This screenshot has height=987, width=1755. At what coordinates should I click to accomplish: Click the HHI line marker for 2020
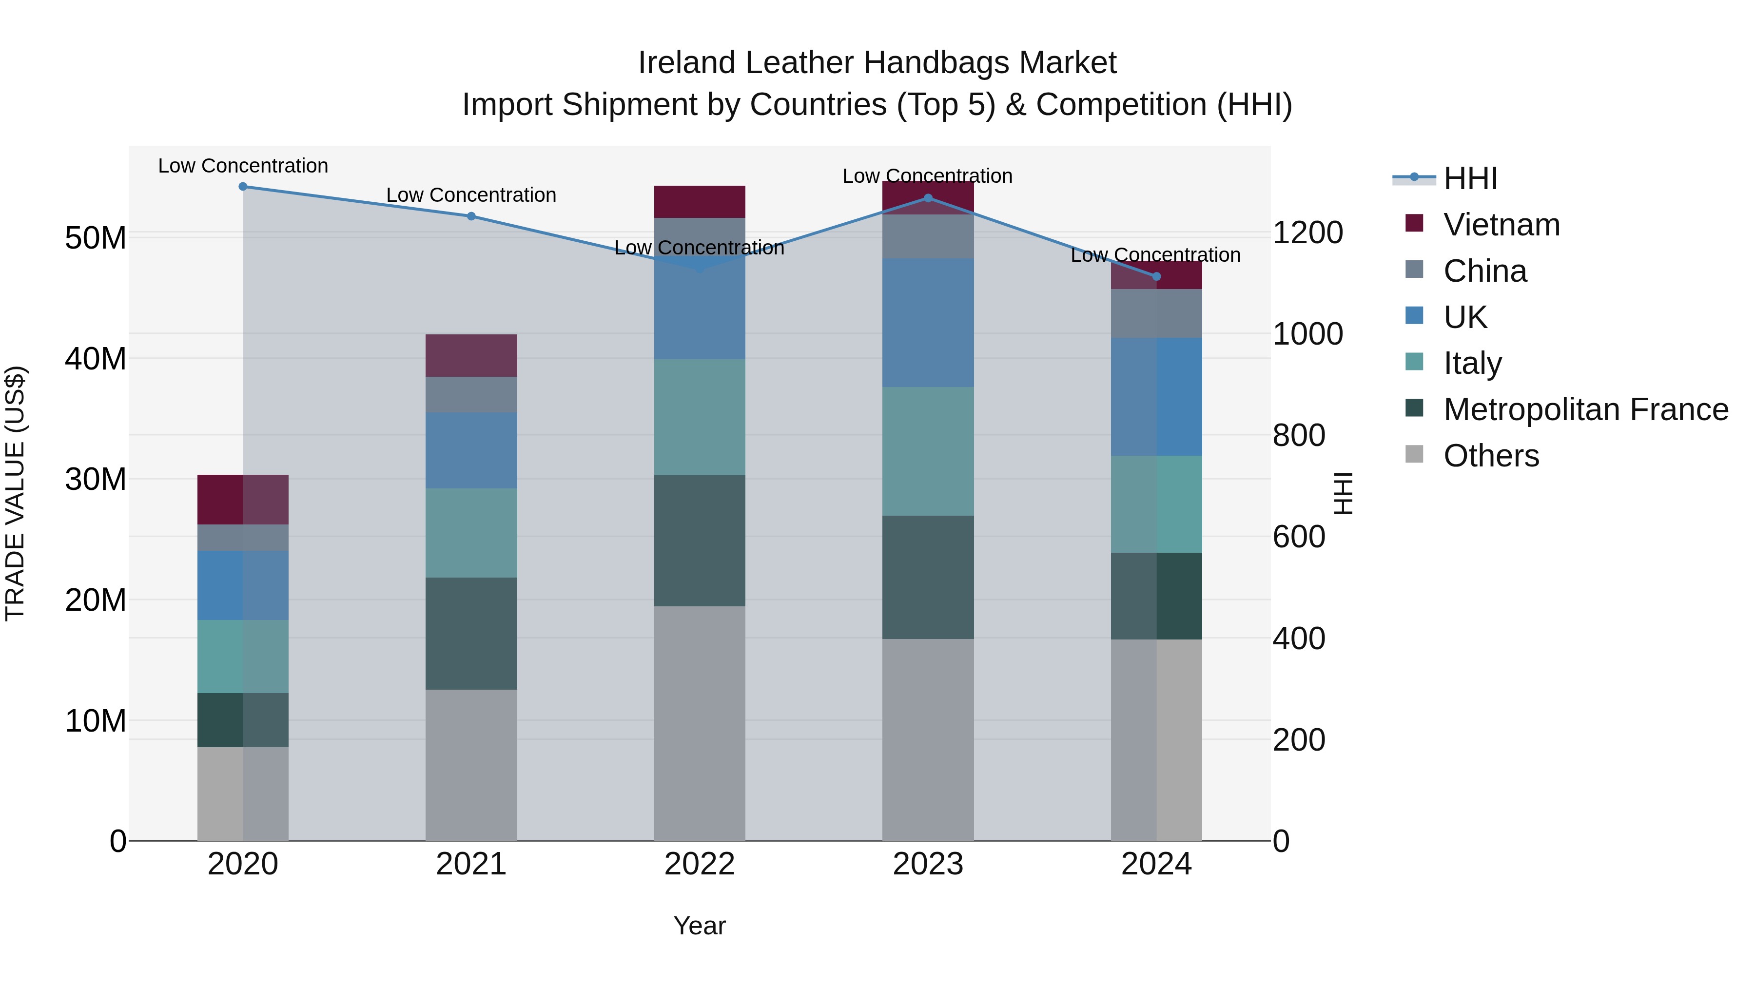[x=243, y=186]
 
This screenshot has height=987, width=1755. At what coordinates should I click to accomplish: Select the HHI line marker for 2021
[x=471, y=216]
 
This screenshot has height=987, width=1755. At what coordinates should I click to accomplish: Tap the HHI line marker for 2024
[x=1156, y=276]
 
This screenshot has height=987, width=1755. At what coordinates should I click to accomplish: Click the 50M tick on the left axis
[x=96, y=238]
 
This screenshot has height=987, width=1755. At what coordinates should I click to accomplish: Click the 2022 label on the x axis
[x=699, y=864]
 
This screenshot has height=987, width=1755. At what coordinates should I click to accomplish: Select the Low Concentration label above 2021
[x=471, y=195]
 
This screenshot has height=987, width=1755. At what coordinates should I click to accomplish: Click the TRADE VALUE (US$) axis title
[x=15, y=493]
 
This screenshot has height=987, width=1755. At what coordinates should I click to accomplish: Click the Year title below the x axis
[x=699, y=926]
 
